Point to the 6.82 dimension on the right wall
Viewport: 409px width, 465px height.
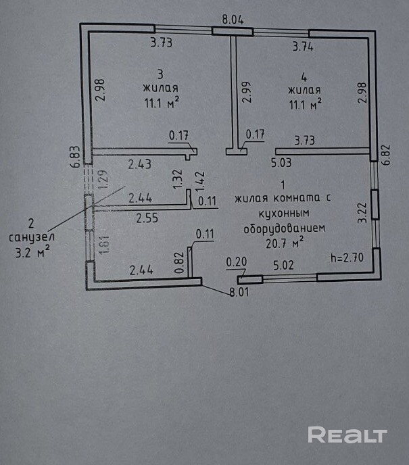386,155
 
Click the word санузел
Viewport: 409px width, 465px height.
32,238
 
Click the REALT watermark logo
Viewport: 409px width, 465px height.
347,435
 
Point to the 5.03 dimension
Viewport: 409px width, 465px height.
281,162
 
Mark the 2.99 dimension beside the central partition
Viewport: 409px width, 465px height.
246,92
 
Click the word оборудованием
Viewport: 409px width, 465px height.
284,228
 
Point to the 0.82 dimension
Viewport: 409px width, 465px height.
180,262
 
